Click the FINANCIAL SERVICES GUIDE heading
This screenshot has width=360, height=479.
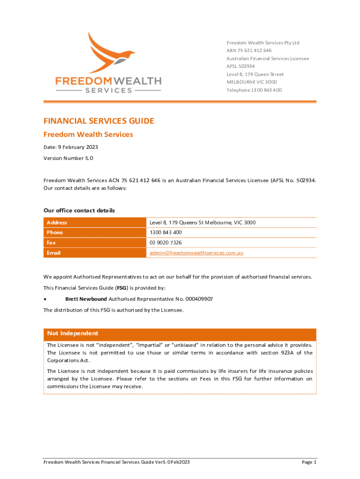[x=99, y=121]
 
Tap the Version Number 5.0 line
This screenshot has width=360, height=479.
[x=68, y=158]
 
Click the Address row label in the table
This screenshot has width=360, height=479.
[x=57, y=223]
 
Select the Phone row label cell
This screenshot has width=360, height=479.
[x=55, y=232]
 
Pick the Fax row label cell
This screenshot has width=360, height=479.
[x=51, y=243]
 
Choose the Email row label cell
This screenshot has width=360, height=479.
[x=53, y=253]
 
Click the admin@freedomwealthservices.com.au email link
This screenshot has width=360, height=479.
[x=196, y=253]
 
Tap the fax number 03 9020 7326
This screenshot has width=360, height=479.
[x=166, y=243]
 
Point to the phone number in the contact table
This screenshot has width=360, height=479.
[x=166, y=232]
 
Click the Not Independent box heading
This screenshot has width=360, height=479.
[x=72, y=334]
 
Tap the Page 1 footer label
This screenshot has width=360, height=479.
[x=309, y=462]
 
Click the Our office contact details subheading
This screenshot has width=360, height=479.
[x=79, y=210]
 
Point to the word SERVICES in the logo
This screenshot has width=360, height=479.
[x=108, y=90]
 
